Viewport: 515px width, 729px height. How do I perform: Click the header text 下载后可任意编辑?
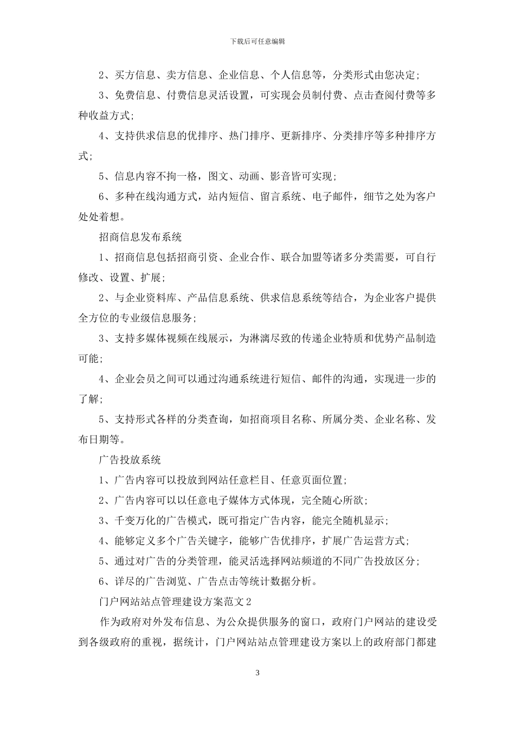click(257, 41)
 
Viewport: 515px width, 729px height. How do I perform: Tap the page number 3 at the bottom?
click(257, 673)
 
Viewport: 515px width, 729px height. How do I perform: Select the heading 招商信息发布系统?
click(140, 237)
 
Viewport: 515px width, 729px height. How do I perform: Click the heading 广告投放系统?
click(130, 460)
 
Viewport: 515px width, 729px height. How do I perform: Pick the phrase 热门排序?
click(249, 136)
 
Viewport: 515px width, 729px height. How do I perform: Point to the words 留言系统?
click(281, 197)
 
